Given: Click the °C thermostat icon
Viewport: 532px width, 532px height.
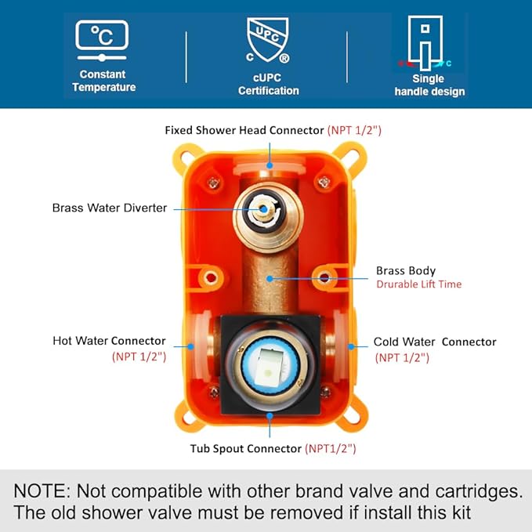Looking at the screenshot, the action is [x=102, y=41].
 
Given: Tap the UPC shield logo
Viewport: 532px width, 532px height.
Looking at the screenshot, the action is [x=268, y=41].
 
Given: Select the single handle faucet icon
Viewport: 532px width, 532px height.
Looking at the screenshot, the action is [x=425, y=43].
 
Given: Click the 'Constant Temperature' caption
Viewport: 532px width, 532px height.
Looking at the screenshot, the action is [x=103, y=81].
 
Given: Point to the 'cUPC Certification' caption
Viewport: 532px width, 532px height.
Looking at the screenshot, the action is [x=269, y=84].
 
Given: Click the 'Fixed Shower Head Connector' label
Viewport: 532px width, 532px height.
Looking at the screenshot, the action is [x=244, y=130].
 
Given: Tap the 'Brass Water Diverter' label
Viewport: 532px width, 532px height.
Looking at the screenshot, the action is [x=110, y=208].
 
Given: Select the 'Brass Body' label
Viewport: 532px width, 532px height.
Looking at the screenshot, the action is [x=406, y=271].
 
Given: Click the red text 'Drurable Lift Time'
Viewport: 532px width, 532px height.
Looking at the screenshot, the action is [x=419, y=284].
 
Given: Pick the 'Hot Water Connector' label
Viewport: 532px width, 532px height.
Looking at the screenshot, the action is [x=109, y=341].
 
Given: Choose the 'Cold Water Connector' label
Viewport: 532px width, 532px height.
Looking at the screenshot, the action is [x=435, y=342].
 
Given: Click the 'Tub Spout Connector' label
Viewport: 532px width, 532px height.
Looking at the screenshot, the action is [x=246, y=448].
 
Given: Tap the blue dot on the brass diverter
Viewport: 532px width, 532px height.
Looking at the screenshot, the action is [x=263, y=209].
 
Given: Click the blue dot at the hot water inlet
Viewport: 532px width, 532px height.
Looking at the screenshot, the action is [x=190, y=346].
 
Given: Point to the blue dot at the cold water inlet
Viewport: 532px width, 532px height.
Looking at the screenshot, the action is [x=351, y=346].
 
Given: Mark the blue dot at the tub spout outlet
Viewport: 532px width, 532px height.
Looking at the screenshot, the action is [x=270, y=415].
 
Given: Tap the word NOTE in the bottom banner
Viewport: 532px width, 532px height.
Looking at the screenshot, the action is [x=41, y=491].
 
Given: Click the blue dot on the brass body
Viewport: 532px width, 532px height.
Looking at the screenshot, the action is [x=270, y=279].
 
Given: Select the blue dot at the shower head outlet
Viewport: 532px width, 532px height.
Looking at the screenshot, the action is [x=270, y=165].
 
